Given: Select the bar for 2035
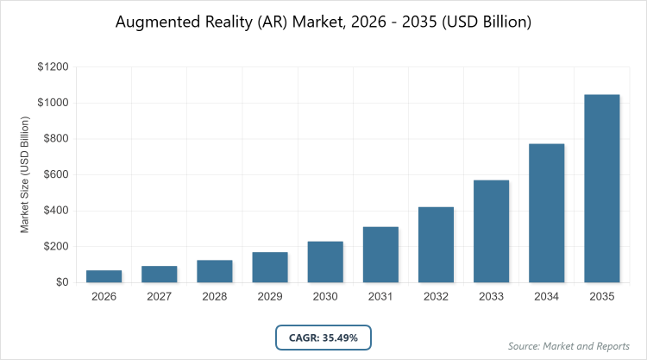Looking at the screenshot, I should pyautogui.click(x=601, y=188).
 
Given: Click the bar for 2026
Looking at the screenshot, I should pyautogui.click(x=104, y=276).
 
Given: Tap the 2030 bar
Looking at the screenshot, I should pyautogui.click(x=325, y=262).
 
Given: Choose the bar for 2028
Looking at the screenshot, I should pyautogui.click(x=214, y=271).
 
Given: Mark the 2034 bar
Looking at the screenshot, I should pyautogui.click(x=546, y=212).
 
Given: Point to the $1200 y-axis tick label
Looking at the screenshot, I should pyautogui.click(x=53, y=67).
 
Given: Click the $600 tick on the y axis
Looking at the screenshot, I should pyautogui.click(x=56, y=175).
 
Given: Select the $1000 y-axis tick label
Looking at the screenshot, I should pyautogui.click(x=53, y=104).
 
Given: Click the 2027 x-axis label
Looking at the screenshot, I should pyautogui.click(x=159, y=297).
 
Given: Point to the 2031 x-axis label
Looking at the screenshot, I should pyautogui.click(x=380, y=297).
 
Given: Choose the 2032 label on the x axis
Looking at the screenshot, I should pyautogui.click(x=436, y=297).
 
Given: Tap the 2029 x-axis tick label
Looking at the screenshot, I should pyautogui.click(x=269, y=297).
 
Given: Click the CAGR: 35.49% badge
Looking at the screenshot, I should pyautogui.click(x=323, y=337).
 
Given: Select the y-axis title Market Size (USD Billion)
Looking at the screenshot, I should pyautogui.click(x=25, y=174).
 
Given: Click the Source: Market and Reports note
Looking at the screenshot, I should pyautogui.click(x=568, y=346).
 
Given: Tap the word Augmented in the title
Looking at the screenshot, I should pyautogui.click(x=155, y=21).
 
